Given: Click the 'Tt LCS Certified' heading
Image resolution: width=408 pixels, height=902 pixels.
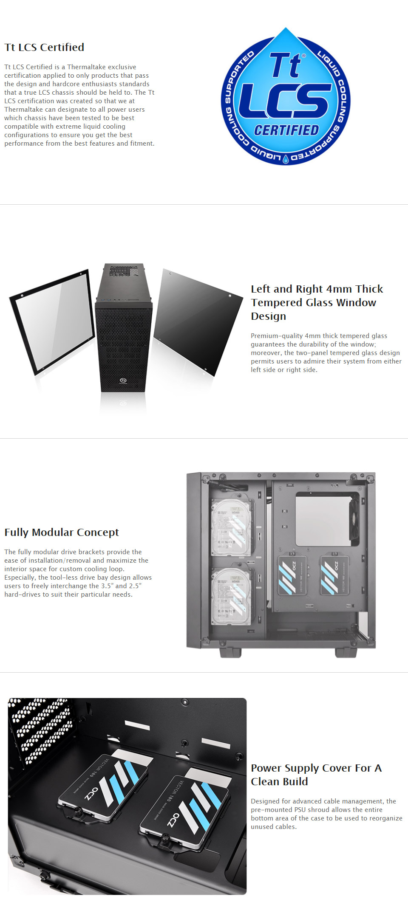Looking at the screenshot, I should point(44,47).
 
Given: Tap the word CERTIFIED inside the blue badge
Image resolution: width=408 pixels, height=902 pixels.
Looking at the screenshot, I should point(286,130).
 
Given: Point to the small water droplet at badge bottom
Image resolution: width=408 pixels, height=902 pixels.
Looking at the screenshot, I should point(286,159).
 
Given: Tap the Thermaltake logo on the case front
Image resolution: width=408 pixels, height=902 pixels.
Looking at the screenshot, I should point(123,381).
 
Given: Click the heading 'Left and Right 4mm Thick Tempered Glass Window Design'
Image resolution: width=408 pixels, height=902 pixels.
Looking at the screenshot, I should point(317,302).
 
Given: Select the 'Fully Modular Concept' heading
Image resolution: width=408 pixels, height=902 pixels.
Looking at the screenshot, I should point(62,532).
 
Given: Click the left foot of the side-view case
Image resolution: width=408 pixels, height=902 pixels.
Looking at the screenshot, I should point(230,652).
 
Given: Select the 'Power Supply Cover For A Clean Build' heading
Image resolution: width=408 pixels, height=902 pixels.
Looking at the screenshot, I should point(316,775).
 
